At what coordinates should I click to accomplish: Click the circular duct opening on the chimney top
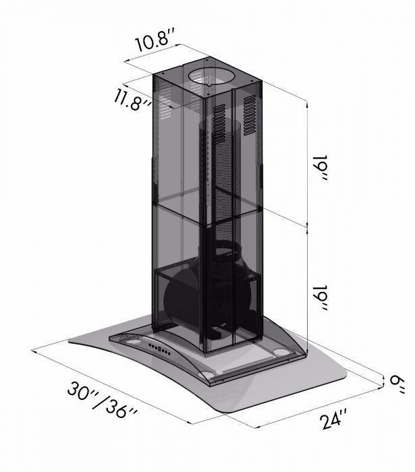pos(211,78)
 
